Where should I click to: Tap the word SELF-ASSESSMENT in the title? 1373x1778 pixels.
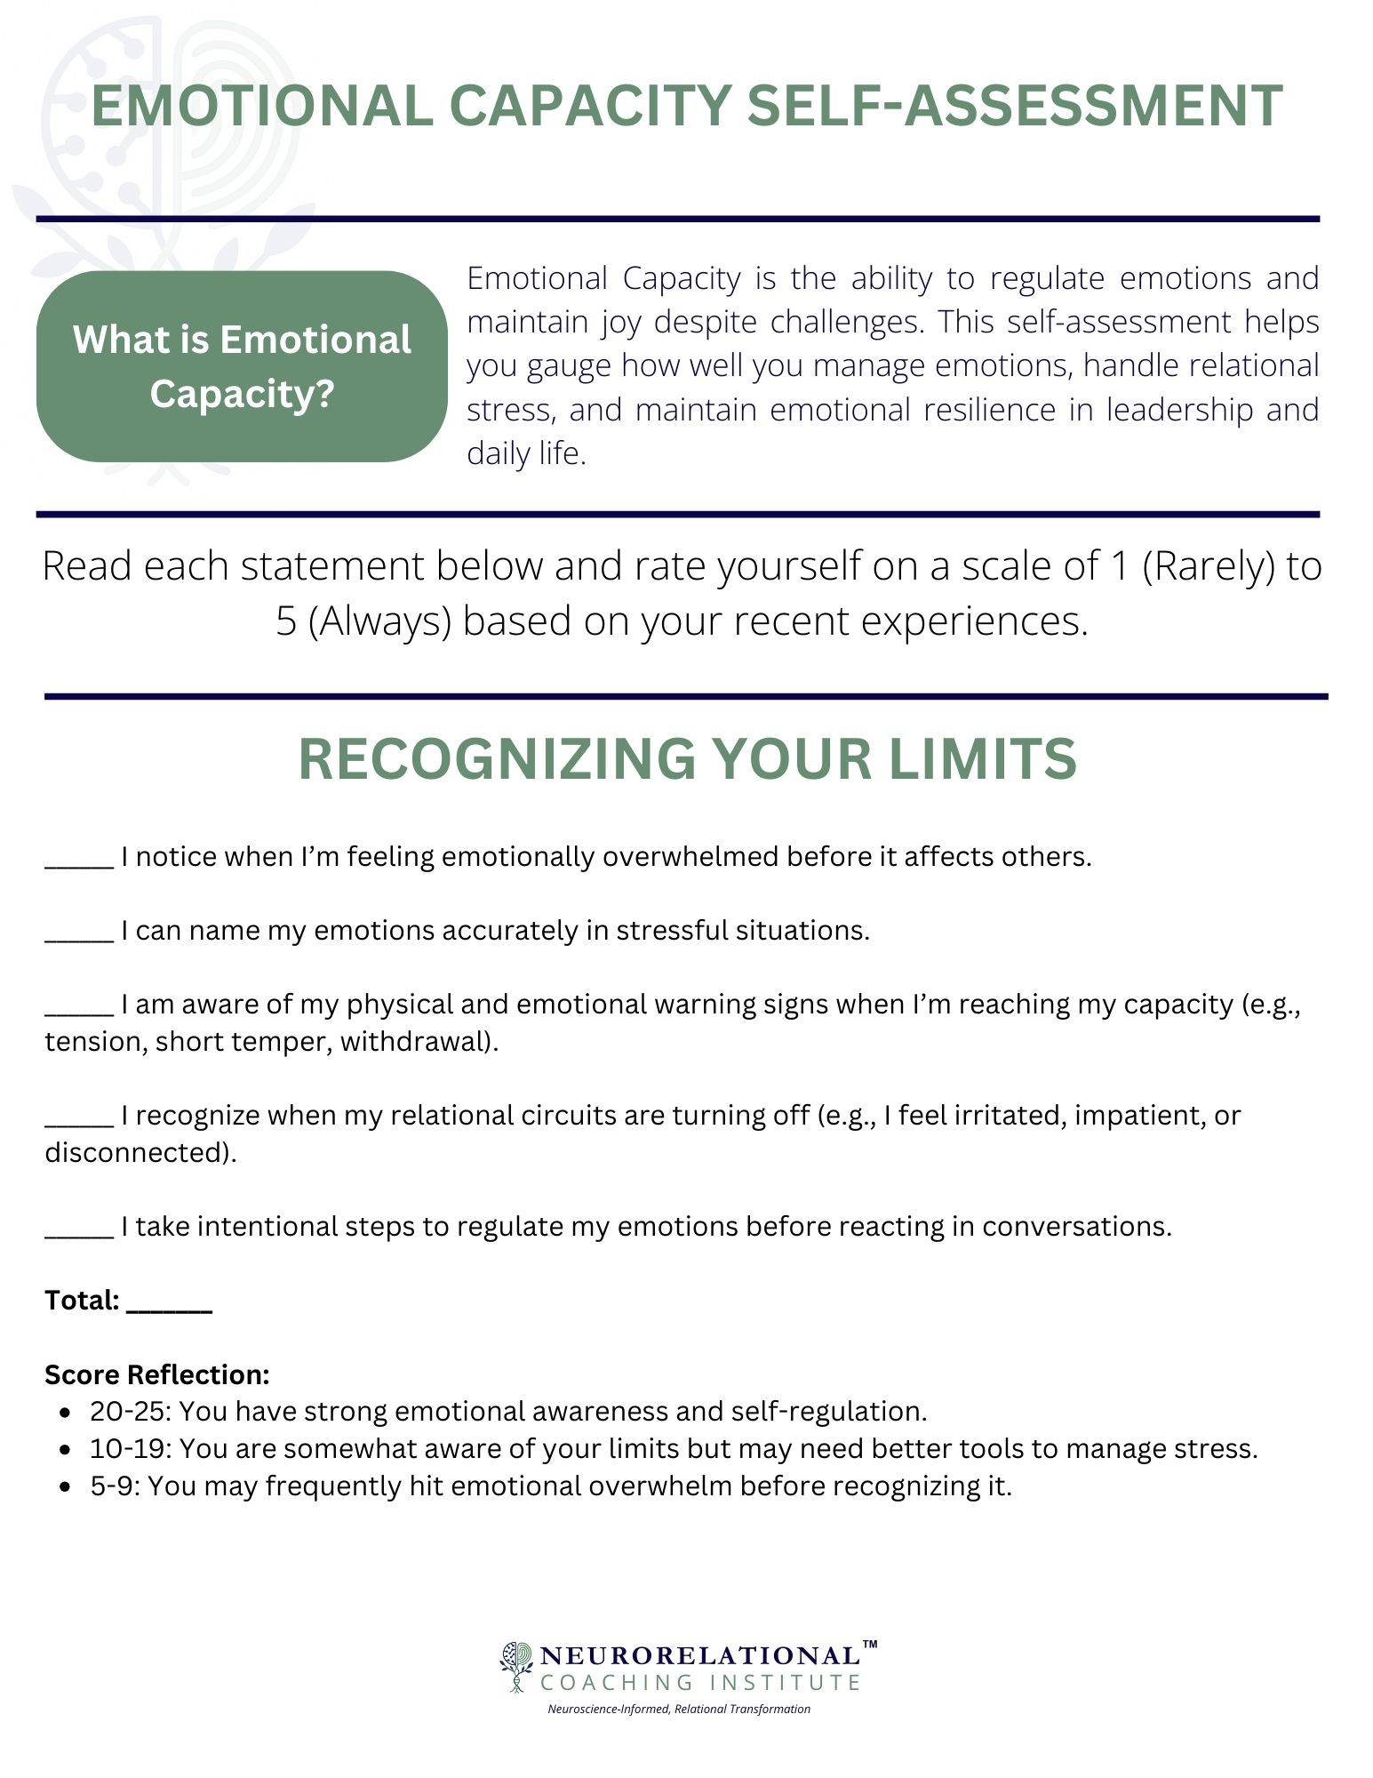(1015, 106)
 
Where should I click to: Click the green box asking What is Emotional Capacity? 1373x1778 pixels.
(242, 366)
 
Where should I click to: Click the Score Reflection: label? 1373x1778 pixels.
(157, 1374)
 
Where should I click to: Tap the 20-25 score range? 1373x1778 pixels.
(131, 1412)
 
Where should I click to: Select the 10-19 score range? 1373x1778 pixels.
(131, 1449)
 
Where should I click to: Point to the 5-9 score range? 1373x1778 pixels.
(115, 1486)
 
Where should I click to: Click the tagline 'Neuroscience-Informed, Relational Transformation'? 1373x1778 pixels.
(679, 1709)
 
